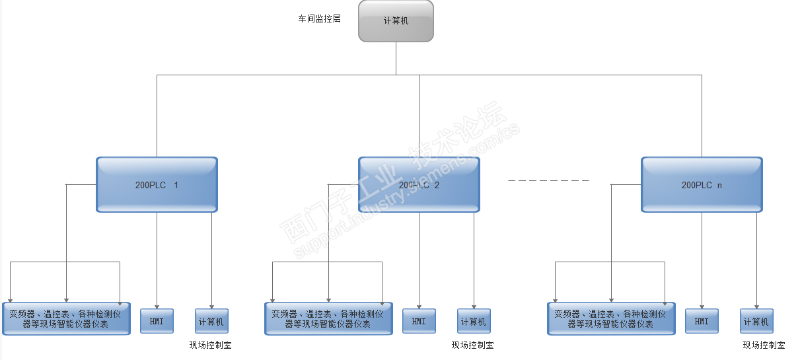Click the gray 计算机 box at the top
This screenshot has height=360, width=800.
pyautogui.click(x=396, y=21)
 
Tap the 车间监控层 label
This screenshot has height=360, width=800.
pyautogui.click(x=319, y=19)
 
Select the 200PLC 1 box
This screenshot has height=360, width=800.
pyautogui.click(x=157, y=185)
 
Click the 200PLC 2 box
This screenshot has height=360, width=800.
pyautogui.click(x=419, y=185)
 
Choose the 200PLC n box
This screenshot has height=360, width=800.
pyautogui.click(x=702, y=185)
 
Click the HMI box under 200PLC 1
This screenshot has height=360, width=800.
pyautogui.click(x=157, y=321)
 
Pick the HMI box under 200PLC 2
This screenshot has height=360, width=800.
pyautogui.click(x=419, y=321)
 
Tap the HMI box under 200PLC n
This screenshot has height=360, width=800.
pyautogui.click(x=702, y=321)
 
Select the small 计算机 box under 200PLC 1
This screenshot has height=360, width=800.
pyautogui.click(x=211, y=321)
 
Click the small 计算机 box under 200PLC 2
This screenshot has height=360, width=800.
pyautogui.click(x=474, y=321)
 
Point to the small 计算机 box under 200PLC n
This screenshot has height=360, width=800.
pyautogui.click(x=756, y=321)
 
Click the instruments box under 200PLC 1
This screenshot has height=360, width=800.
pyautogui.click(x=66, y=318)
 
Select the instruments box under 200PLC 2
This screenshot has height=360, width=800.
pyautogui.click(x=328, y=318)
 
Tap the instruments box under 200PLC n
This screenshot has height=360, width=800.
pyautogui.click(x=611, y=318)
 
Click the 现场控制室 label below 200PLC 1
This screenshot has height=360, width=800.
pyautogui.click(x=210, y=345)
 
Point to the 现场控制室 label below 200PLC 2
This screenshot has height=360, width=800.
pyautogui.click(x=472, y=345)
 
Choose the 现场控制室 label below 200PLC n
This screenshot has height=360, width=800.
pyautogui.click(x=764, y=345)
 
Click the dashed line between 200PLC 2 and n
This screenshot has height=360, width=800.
pyautogui.click(x=548, y=180)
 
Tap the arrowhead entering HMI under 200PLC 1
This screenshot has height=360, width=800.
pyautogui.click(x=157, y=306)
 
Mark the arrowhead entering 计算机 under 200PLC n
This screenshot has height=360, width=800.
pyautogui.click(x=757, y=306)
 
